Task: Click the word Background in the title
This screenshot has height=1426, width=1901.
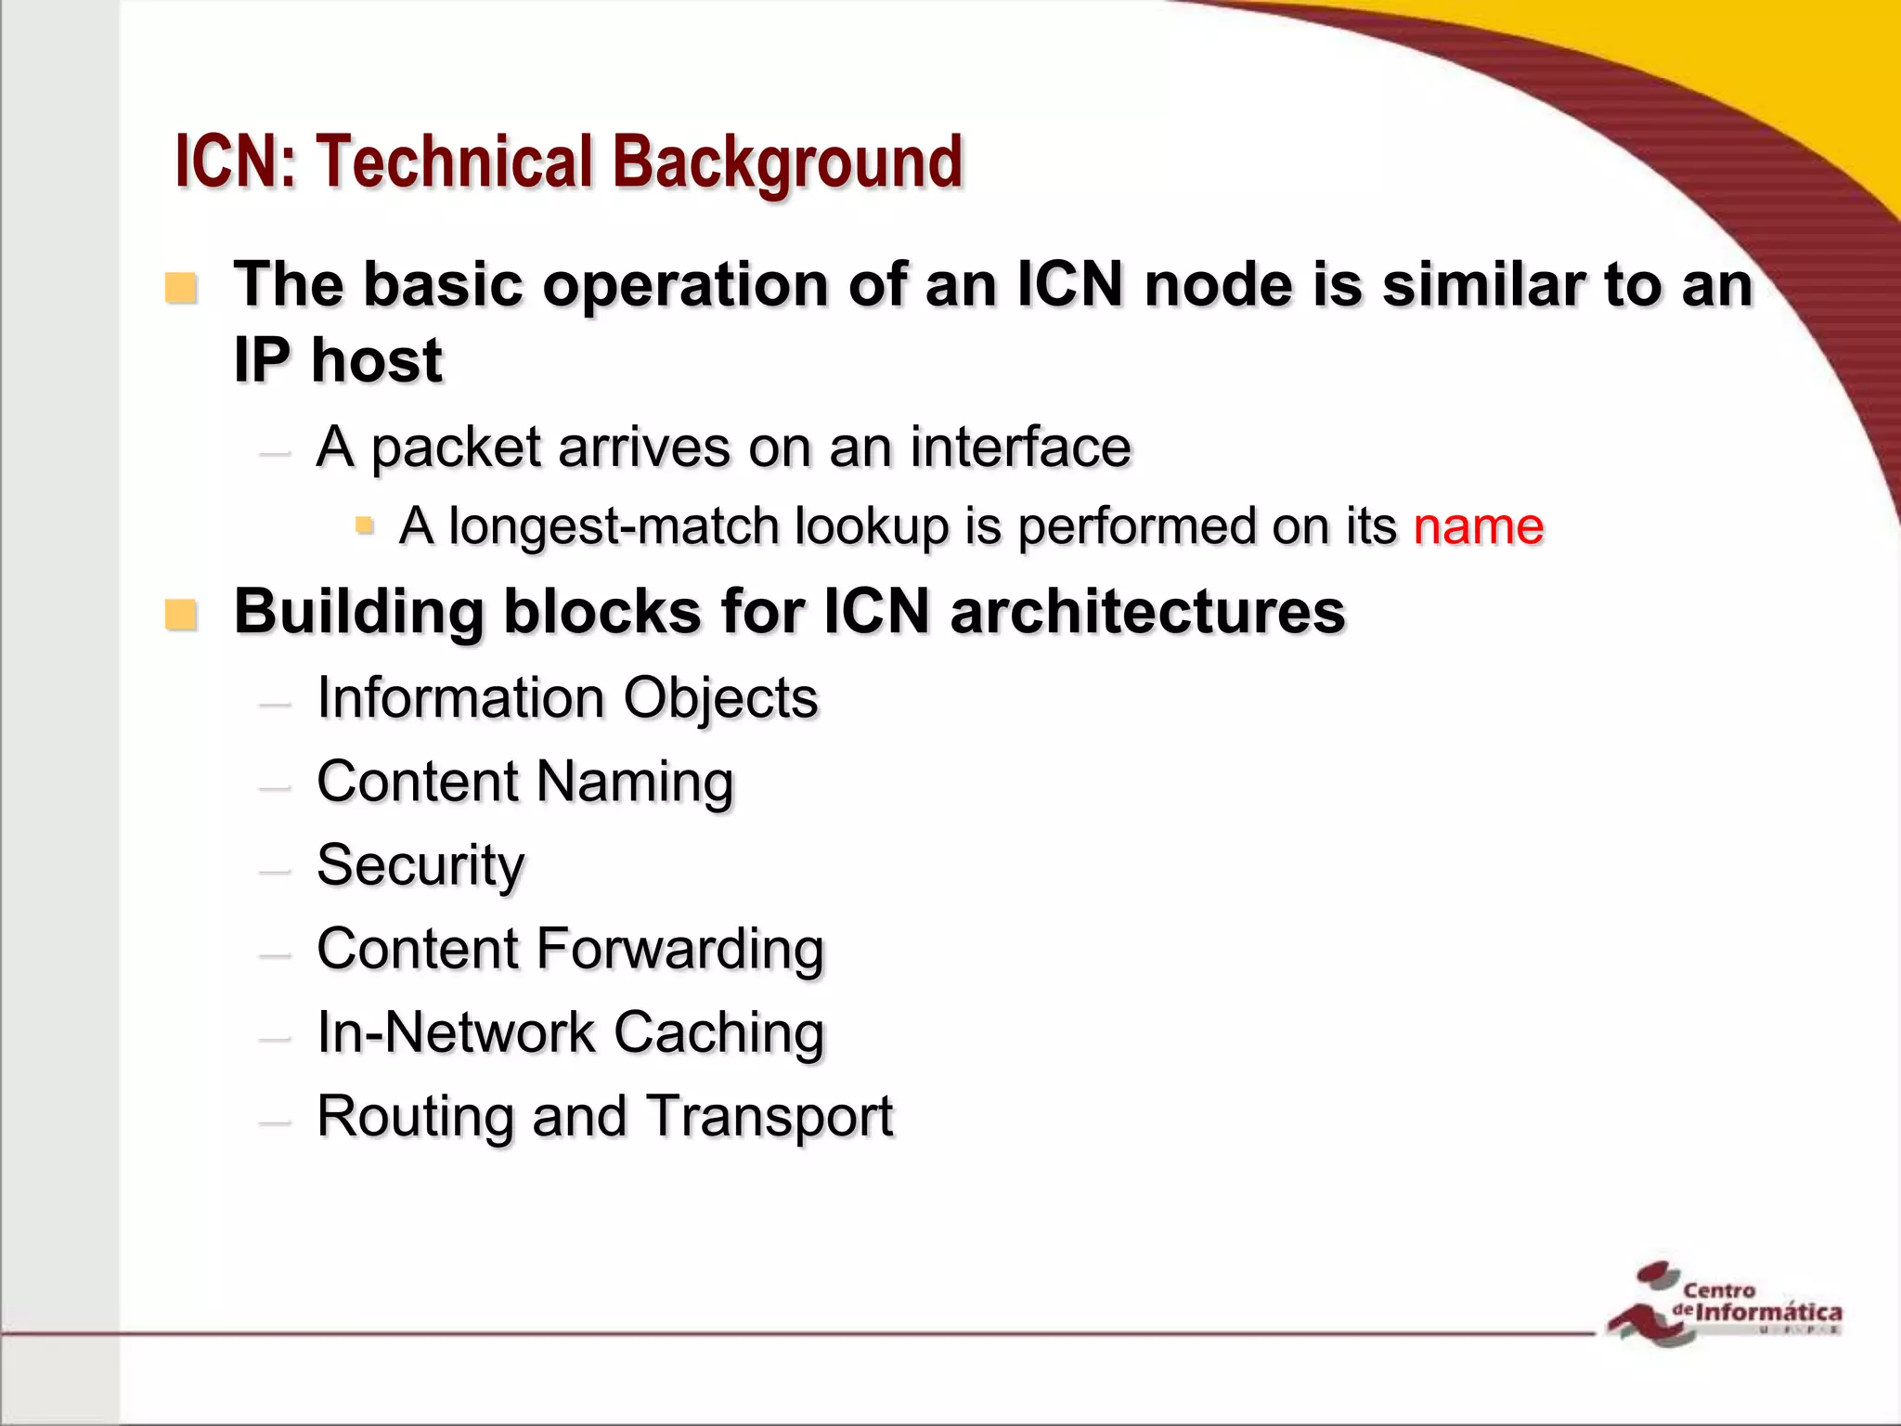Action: point(787,162)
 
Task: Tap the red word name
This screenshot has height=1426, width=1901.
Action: point(1478,526)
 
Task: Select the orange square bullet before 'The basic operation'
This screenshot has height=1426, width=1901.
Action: point(181,288)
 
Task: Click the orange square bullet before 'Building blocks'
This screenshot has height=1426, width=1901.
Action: point(181,615)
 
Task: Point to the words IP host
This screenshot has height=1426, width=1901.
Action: point(338,360)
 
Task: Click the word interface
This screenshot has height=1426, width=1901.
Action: point(1020,447)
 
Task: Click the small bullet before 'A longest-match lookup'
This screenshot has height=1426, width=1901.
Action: point(365,526)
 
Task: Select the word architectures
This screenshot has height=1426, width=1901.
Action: point(1147,612)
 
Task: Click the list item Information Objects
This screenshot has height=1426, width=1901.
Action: point(567,698)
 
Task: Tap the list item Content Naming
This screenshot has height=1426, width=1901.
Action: point(525,782)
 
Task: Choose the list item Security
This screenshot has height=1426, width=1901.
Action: point(420,865)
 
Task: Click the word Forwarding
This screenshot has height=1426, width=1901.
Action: point(679,949)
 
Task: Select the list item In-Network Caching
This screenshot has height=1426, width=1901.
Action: point(570,1032)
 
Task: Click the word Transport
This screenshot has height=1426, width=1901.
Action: point(769,1116)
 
